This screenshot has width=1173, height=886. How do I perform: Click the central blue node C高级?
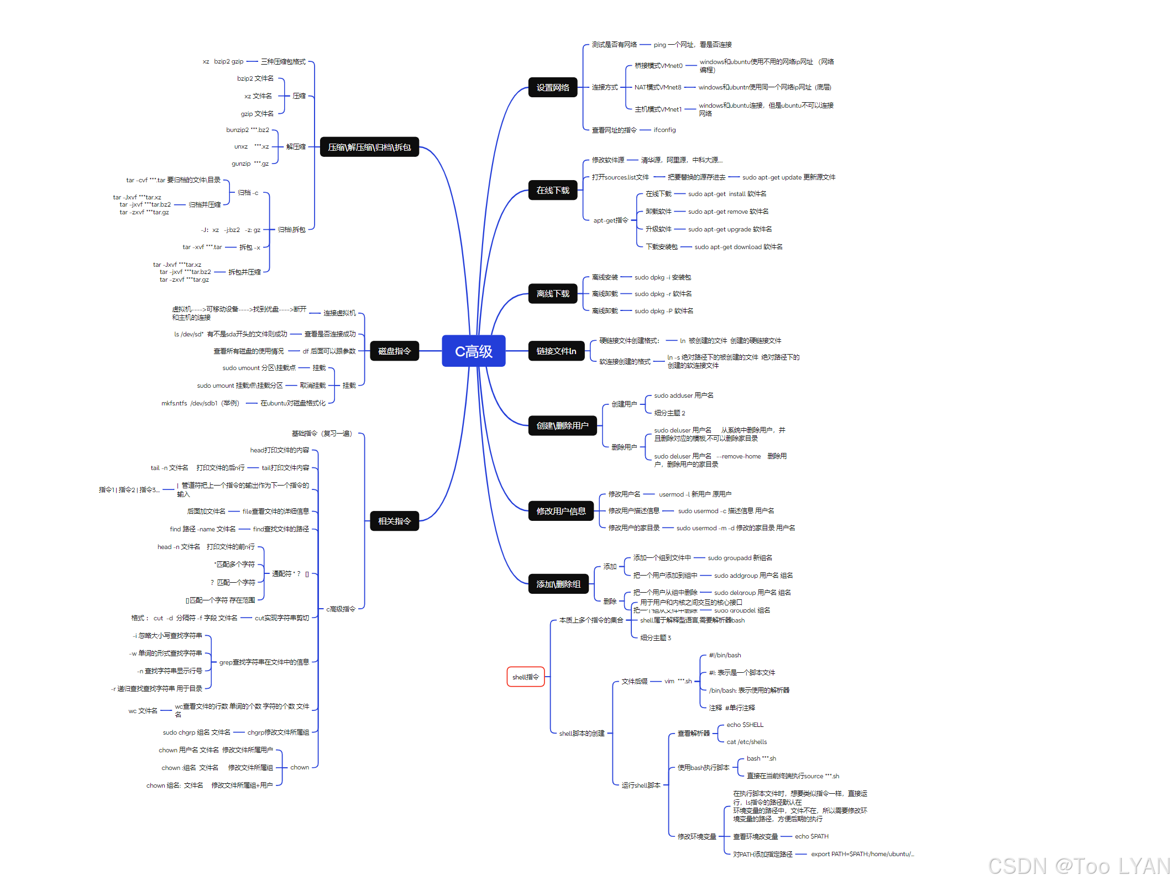point(473,351)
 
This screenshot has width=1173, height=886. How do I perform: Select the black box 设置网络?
point(553,87)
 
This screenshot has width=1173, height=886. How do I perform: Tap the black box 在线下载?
point(553,190)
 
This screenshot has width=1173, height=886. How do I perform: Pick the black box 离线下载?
point(553,294)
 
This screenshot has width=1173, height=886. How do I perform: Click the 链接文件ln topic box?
point(556,351)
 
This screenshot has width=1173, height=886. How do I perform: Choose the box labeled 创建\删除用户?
point(562,426)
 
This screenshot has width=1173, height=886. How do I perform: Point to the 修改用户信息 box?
point(561,511)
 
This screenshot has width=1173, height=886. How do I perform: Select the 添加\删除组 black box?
point(558,584)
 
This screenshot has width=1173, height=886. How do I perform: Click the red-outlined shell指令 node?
point(526,677)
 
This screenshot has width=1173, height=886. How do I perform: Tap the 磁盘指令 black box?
point(394,351)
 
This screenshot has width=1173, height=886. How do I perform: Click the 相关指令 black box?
point(394,521)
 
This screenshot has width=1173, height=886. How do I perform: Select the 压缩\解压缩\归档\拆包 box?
point(369,147)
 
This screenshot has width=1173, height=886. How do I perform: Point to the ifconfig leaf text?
point(664,130)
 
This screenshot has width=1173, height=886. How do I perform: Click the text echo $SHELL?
point(745,725)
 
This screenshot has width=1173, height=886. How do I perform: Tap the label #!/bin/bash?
point(725,655)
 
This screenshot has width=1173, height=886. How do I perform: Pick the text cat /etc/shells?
point(746,742)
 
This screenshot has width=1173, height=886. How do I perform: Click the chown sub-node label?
point(300,767)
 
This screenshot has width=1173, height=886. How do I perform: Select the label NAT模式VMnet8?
point(658,87)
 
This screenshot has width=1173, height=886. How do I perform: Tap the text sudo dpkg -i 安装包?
point(662,277)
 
